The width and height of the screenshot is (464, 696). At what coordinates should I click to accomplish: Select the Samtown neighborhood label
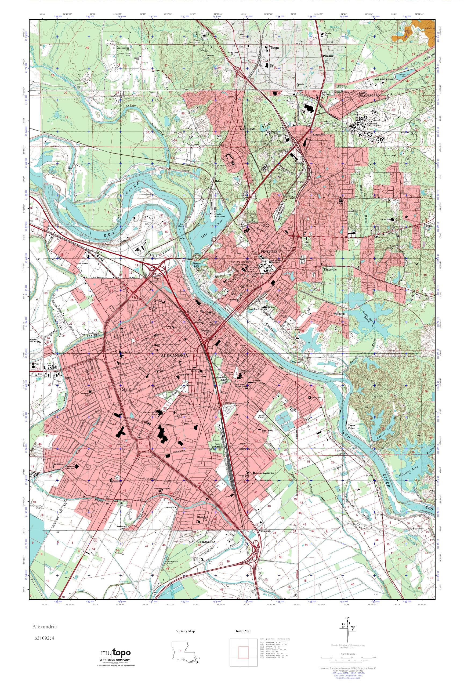click(245, 449)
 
